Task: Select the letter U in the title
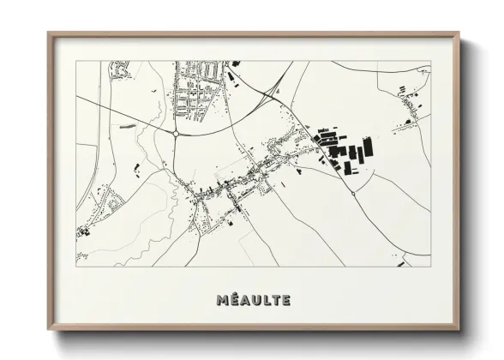tap(255, 300)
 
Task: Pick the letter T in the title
tap(275, 300)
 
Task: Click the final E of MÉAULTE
tap(285, 300)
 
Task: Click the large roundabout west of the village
tap(176, 133)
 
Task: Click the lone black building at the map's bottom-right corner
tap(400, 264)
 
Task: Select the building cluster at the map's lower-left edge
tap(84, 231)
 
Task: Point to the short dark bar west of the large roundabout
tap(129, 125)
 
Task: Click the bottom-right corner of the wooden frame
tap(459, 331)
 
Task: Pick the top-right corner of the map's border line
tap(430, 62)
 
